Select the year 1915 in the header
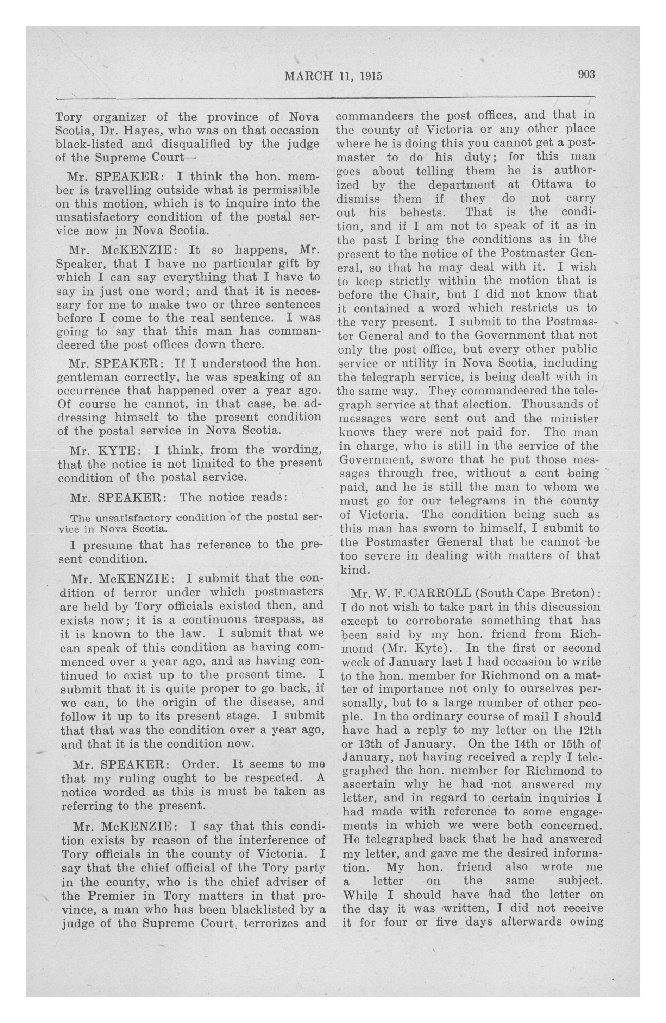(371, 76)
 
